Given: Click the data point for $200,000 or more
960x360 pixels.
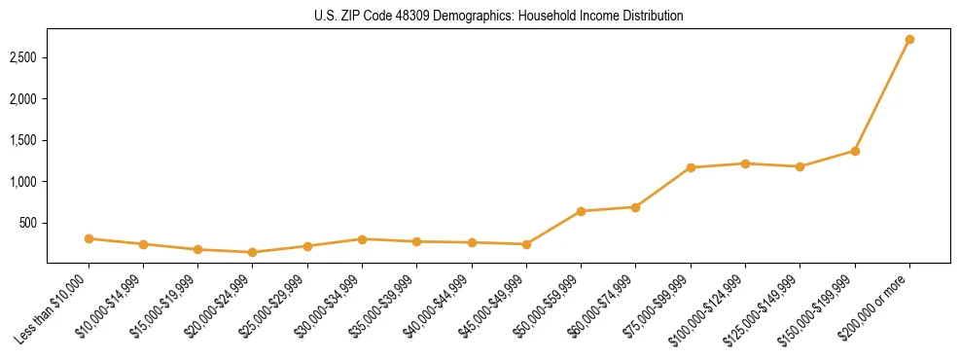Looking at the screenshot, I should pos(909,40).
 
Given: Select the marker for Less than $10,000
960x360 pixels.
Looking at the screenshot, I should pos(89,238).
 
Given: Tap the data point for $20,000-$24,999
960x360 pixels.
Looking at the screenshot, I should pos(253,252).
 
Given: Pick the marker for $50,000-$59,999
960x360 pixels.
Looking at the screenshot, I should pos(581,211).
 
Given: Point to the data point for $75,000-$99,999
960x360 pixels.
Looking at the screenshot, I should pos(691,167).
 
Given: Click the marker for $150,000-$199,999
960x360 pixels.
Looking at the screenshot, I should pos(855,151).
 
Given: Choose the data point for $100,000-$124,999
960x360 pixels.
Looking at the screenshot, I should pos(745,163).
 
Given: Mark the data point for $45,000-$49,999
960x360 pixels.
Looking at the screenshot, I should pos(526,244).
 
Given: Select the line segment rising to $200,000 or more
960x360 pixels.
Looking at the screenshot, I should pos(882,95).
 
